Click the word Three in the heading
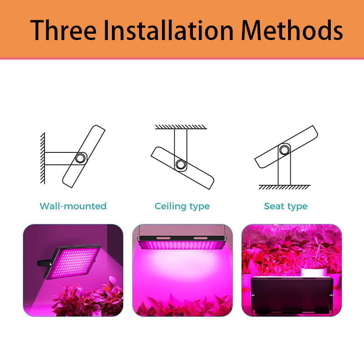click(x=63, y=30)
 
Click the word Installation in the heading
click(x=168, y=30)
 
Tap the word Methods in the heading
click(x=292, y=30)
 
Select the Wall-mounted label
click(x=73, y=206)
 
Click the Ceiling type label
click(x=182, y=207)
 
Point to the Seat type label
click(x=286, y=207)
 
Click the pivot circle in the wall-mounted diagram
click(x=80, y=158)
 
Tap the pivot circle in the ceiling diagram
click(x=181, y=165)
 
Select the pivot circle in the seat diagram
click(x=284, y=150)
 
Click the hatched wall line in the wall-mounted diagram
click(x=43, y=158)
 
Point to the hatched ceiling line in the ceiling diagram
click(x=181, y=127)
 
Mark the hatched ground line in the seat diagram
click(x=284, y=187)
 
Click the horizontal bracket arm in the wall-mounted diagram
click(x=61, y=158)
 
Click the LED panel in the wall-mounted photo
click(x=74, y=263)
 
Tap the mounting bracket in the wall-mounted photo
click(x=44, y=263)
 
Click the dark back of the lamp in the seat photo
click(x=292, y=295)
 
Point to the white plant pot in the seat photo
click(x=314, y=272)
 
